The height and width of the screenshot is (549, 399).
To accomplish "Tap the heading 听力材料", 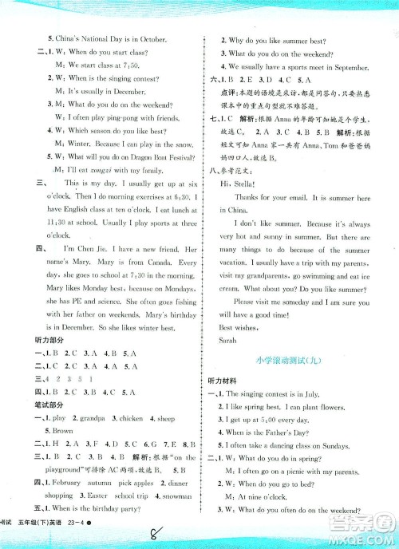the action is tap(225, 382).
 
